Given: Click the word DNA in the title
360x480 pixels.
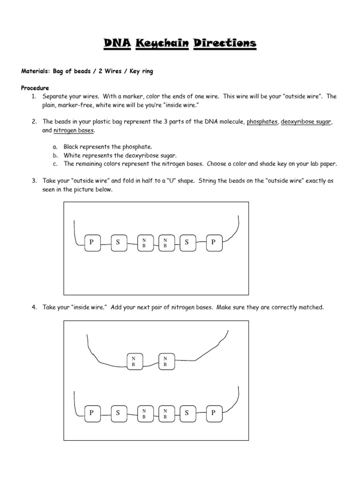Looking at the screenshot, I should click(x=117, y=44).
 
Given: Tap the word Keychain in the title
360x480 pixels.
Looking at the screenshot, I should click(x=162, y=44).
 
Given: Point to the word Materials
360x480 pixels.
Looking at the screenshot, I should click(x=36, y=72).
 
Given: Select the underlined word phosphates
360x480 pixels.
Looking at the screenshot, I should click(x=262, y=121).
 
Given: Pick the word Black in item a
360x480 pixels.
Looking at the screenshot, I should click(x=72, y=147).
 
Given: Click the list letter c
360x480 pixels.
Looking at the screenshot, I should click(x=55, y=164).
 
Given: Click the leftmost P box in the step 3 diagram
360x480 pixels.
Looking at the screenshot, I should click(x=92, y=242).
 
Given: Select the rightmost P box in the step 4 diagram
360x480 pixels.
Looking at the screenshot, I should click(x=213, y=413).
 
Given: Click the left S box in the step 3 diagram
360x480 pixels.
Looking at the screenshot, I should click(x=118, y=242).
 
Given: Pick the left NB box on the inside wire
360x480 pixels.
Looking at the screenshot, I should click(x=135, y=361).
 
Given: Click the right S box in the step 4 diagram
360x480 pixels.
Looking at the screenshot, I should click(x=187, y=413).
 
